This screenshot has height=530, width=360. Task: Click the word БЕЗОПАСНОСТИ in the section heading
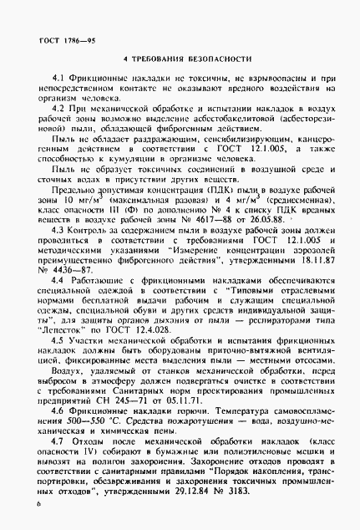pyautogui.click(x=215, y=59)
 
